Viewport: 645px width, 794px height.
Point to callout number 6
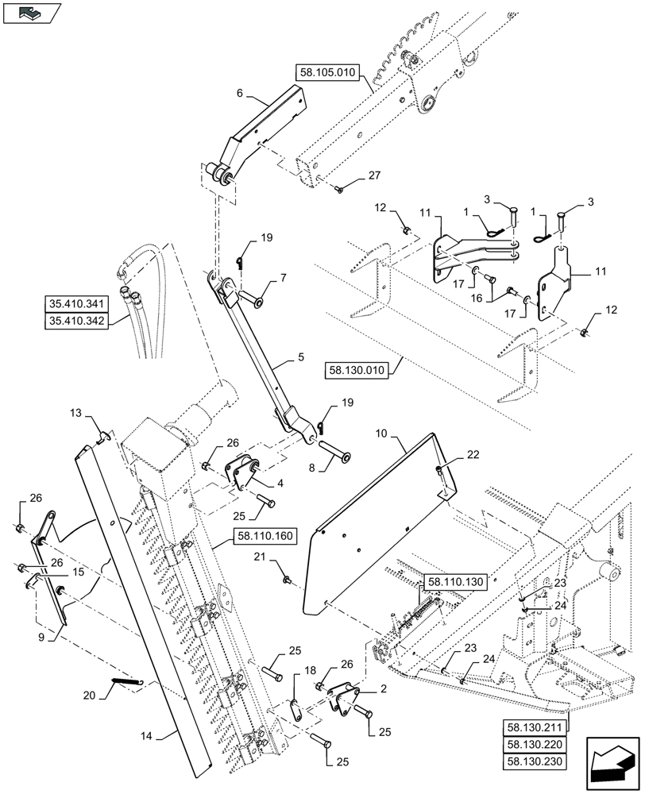coord(240,93)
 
